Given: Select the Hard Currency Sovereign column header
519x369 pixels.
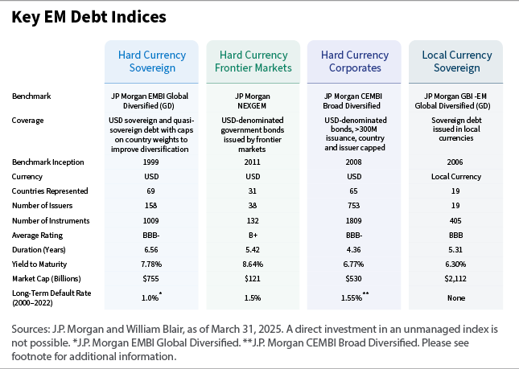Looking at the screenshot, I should (152, 62).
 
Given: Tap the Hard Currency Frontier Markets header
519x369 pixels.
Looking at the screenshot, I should (253, 62).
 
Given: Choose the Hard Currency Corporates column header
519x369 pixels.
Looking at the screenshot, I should (355, 62).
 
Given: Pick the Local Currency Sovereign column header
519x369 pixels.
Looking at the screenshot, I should (456, 62).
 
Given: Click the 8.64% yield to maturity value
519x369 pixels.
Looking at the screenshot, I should (253, 264).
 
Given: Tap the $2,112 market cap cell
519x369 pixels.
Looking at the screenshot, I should (456, 278).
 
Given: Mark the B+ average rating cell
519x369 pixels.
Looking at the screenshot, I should (253, 235).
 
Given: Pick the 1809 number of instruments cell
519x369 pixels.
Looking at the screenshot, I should (355, 220).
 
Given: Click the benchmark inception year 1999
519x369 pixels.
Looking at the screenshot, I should (152, 162).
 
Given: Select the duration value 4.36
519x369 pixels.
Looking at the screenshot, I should (355, 249).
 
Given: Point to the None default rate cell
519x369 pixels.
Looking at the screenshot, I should (456, 298).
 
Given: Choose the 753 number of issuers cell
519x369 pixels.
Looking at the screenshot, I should (355, 206).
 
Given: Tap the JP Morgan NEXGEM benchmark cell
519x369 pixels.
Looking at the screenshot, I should (253, 100).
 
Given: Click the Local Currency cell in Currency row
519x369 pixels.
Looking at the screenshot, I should (456, 176).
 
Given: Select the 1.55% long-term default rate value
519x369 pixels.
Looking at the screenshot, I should (353, 298).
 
